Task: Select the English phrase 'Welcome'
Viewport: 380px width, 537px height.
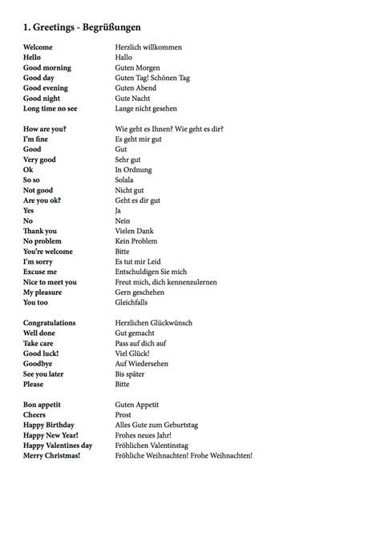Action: (38, 47)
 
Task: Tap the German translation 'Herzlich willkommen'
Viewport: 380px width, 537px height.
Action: (148, 47)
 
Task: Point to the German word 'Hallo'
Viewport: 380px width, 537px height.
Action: (124, 58)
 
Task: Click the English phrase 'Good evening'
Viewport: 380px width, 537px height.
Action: (46, 88)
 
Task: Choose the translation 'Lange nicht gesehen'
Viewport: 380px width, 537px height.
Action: (147, 108)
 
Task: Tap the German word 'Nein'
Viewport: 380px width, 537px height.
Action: (123, 220)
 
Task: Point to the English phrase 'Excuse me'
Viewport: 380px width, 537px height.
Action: (42, 272)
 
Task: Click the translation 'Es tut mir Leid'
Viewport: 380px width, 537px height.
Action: (141, 261)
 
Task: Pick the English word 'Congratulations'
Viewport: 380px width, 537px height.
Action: (50, 323)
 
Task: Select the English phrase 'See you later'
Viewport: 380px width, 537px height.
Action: (46, 373)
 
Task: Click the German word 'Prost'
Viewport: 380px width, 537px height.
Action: (124, 414)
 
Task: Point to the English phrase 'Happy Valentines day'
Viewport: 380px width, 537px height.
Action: (58, 445)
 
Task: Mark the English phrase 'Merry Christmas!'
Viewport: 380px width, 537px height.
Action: (52, 455)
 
